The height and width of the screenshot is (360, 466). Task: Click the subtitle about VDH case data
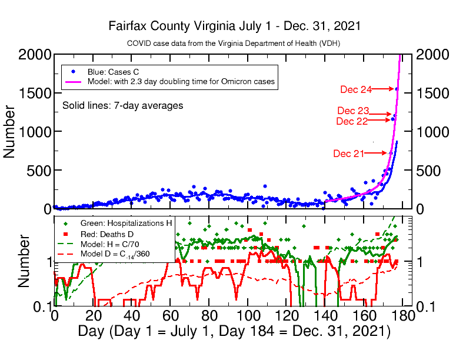(234, 44)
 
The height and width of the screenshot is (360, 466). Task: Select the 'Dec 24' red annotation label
(356, 89)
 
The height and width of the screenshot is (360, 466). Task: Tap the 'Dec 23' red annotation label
(353, 111)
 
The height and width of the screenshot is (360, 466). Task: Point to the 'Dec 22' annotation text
(352, 121)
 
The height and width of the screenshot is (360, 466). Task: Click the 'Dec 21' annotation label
(348, 154)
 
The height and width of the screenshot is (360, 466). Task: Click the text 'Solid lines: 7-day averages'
(122, 105)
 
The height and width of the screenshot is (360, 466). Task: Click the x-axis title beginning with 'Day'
(234, 331)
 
